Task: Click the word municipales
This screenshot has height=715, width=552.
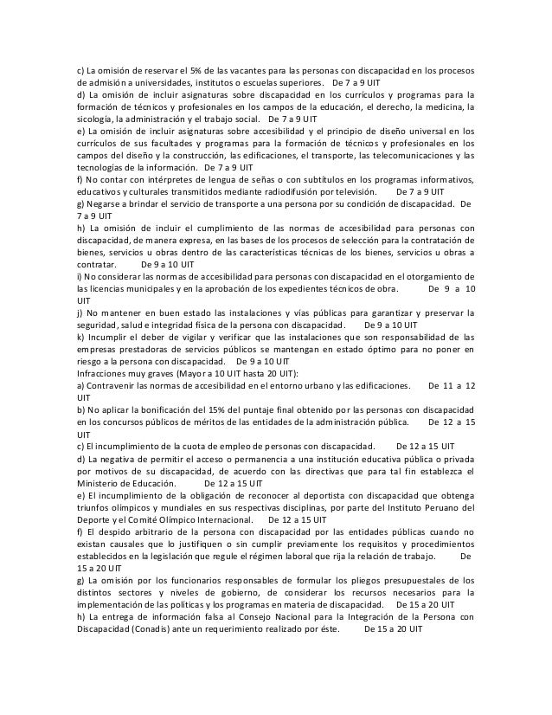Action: (138, 287)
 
